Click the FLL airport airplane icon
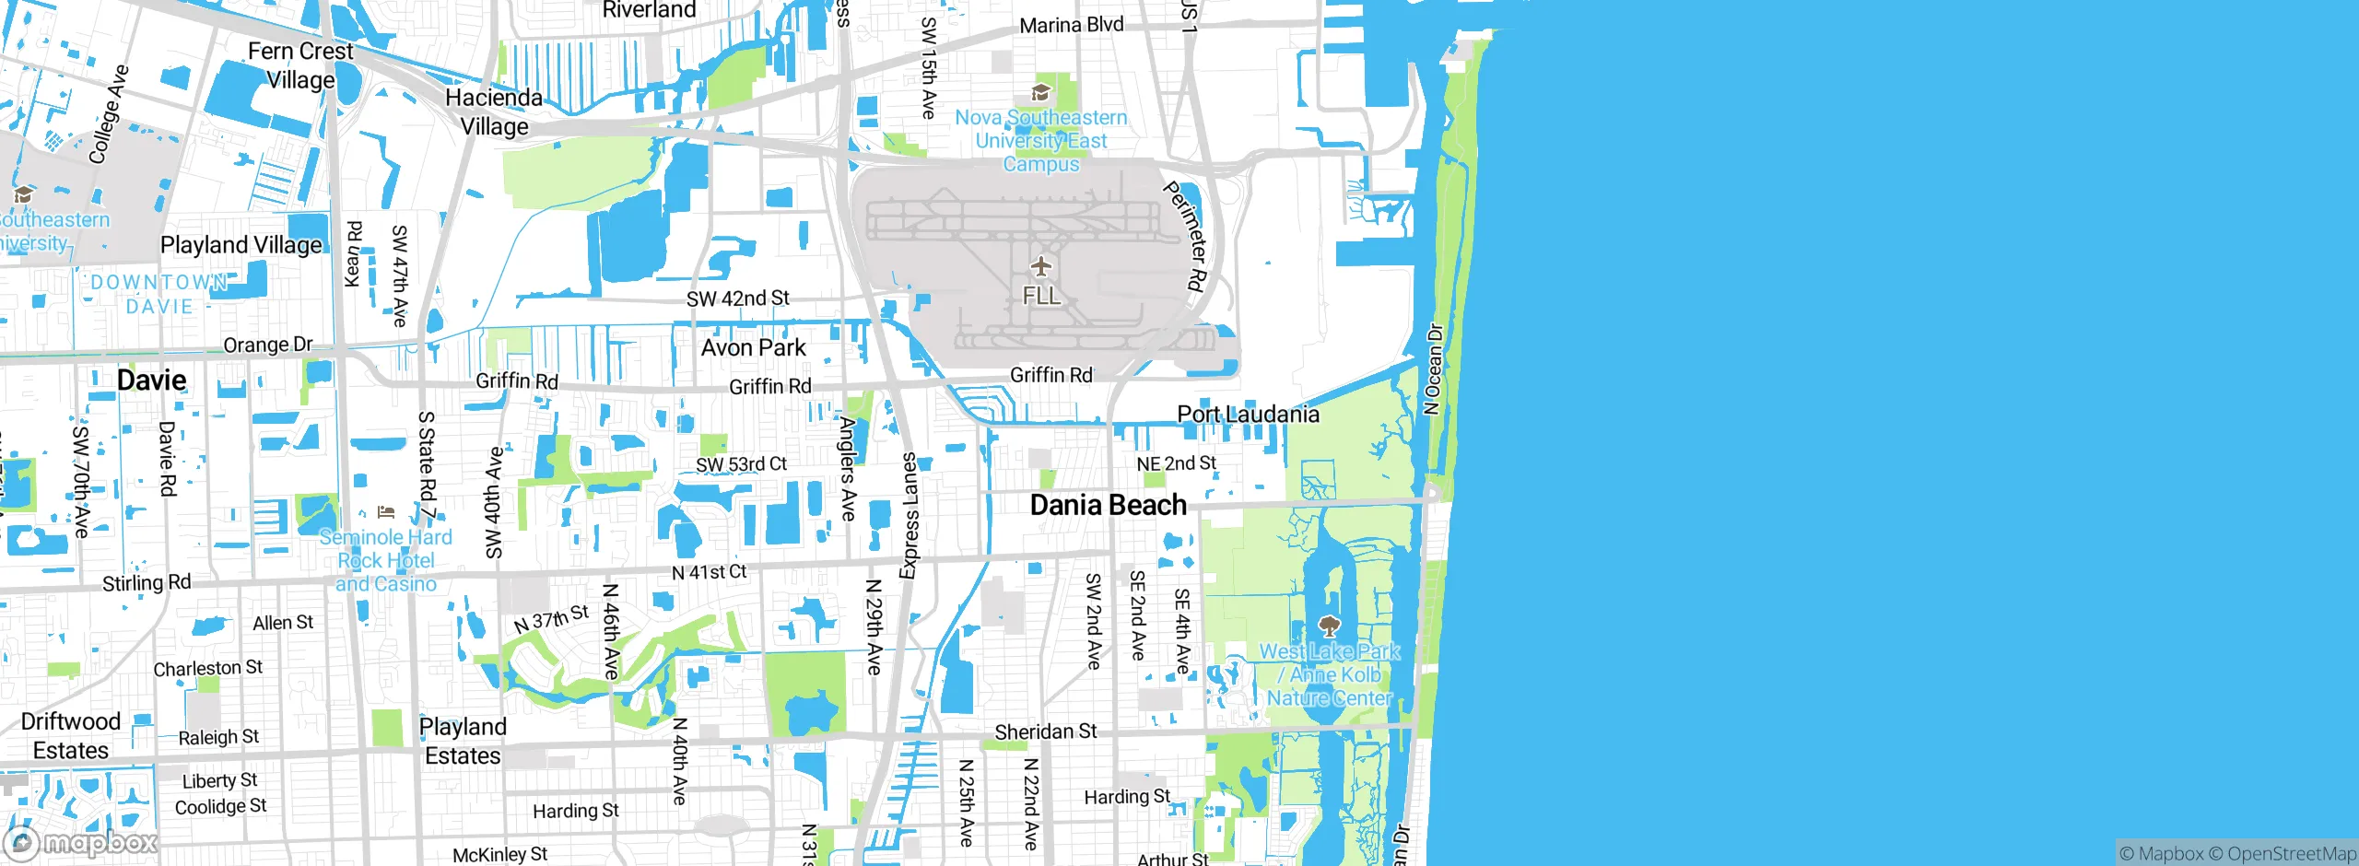[1041, 267]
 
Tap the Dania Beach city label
[1108, 505]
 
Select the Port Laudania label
[1248, 415]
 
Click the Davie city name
[151, 380]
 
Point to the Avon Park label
[753, 347]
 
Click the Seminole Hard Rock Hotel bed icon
[386, 512]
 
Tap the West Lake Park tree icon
[1329, 627]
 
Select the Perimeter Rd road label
[1186, 237]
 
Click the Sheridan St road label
[1045, 731]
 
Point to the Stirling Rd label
[147, 583]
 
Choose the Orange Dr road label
[268, 345]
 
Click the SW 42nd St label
[737, 298]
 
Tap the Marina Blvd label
[1071, 25]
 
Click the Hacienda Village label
[494, 111]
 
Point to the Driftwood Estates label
[70, 735]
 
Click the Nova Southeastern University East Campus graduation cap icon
[1041, 92]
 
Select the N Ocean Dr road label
[1432, 369]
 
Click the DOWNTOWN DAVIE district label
[158, 294]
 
